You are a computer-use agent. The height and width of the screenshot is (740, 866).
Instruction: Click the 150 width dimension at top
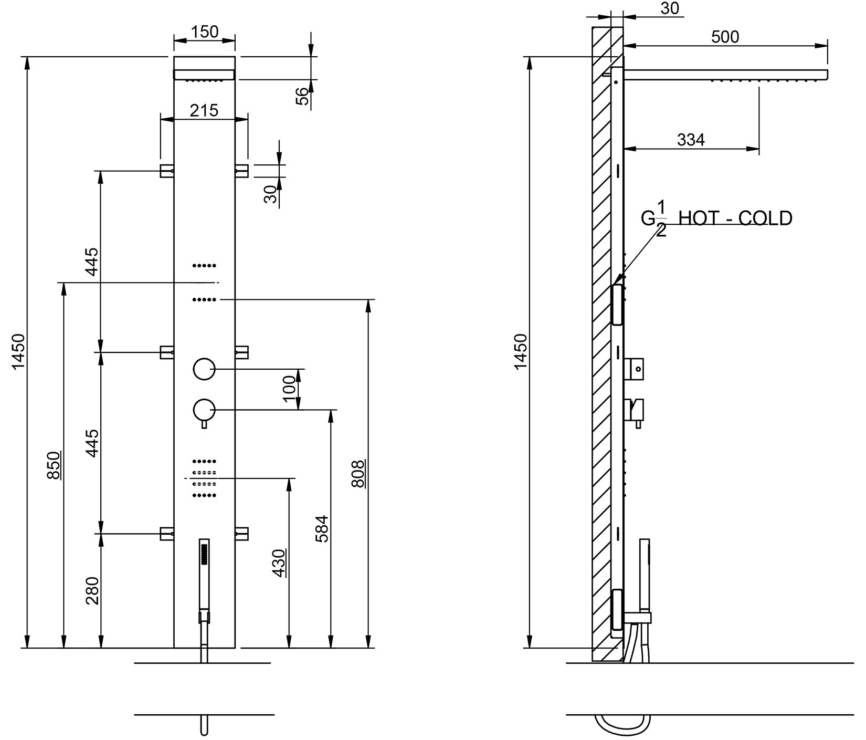click(204, 32)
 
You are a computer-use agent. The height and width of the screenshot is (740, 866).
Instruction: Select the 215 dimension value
click(204, 110)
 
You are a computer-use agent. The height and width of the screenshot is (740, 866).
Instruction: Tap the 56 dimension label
click(303, 96)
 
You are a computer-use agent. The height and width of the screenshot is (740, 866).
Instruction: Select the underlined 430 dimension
click(279, 563)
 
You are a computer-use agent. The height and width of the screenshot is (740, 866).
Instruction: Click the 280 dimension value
click(92, 590)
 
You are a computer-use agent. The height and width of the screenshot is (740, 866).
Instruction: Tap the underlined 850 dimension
click(54, 465)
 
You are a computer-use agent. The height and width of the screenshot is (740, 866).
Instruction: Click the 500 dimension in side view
click(725, 37)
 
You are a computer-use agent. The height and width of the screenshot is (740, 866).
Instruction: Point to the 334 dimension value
click(691, 140)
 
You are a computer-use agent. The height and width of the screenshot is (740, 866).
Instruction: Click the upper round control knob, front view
click(204, 369)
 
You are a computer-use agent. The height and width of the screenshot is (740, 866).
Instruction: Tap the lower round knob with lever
click(204, 410)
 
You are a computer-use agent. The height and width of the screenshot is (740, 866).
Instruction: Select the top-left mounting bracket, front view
click(167, 171)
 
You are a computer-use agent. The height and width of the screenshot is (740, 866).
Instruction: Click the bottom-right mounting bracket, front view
click(241, 534)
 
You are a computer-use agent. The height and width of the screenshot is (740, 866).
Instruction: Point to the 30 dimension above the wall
click(670, 8)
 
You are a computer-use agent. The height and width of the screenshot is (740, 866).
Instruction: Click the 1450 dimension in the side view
click(521, 351)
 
